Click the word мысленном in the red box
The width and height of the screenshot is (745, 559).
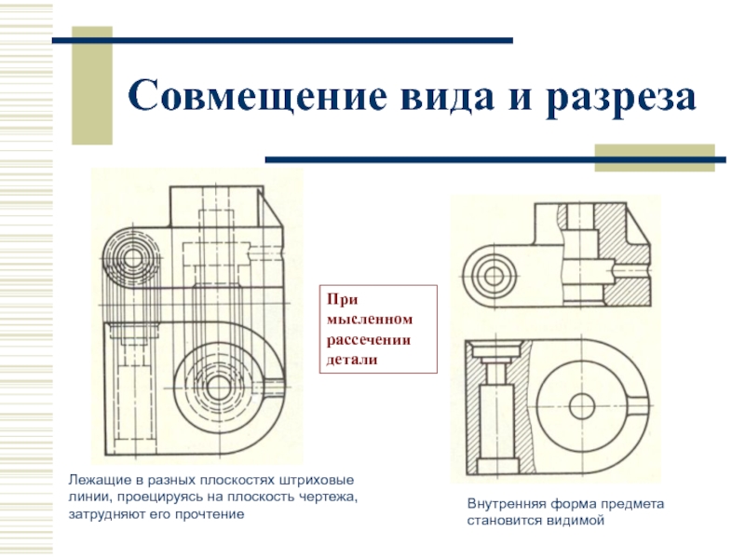point(370,319)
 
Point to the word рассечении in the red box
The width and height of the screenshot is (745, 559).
point(368,340)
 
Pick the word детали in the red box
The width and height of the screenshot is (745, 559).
point(352,360)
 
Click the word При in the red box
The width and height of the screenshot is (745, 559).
point(342,299)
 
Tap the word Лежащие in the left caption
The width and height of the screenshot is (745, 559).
point(96,480)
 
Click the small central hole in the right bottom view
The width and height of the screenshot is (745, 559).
point(582,407)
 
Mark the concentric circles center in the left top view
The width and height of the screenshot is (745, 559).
point(132,259)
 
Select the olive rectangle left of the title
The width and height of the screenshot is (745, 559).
point(92,86)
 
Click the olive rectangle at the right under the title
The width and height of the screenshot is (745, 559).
point(655,157)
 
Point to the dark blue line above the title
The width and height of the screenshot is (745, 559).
point(282,41)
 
